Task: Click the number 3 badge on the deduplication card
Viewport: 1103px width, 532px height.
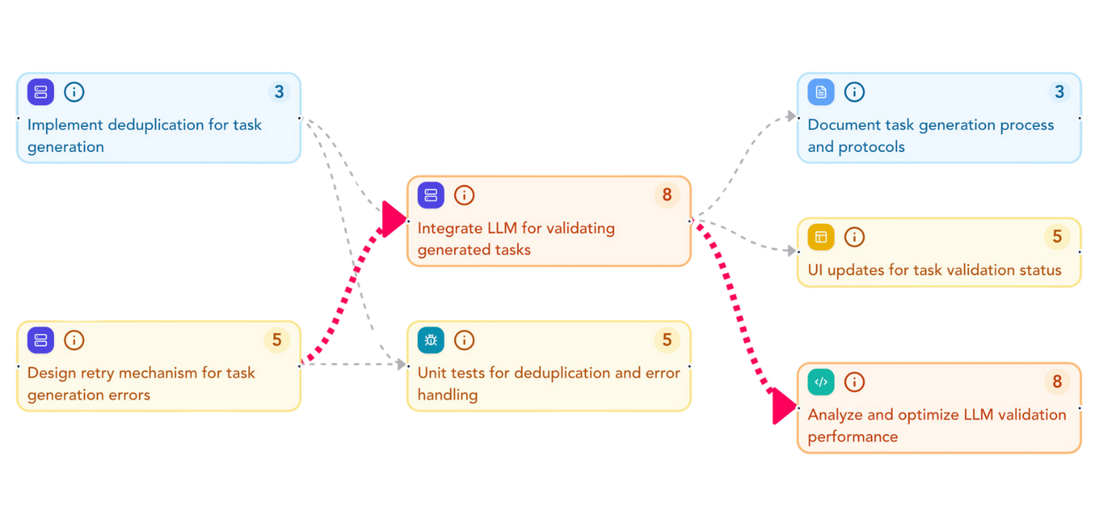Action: click(279, 92)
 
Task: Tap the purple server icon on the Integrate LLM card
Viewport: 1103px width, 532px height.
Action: click(430, 195)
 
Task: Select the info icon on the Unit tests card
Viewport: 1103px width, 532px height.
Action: click(464, 340)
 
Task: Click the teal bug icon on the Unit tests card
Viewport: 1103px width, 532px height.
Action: click(430, 340)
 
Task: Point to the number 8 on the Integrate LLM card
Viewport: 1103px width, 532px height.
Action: click(667, 195)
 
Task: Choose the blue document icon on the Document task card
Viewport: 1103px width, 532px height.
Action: click(820, 92)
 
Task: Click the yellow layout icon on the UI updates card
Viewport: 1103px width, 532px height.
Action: click(820, 237)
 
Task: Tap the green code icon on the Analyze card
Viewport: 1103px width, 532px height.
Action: click(820, 381)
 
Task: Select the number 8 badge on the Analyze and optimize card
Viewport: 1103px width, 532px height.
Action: click(1057, 381)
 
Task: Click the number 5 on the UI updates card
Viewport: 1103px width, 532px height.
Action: click(1057, 237)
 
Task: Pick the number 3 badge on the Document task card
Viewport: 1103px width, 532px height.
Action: click(1059, 92)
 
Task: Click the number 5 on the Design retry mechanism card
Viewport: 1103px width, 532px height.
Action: click(276, 340)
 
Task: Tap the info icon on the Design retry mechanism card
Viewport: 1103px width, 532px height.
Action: click(74, 340)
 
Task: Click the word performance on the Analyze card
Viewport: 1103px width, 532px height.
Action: click(853, 437)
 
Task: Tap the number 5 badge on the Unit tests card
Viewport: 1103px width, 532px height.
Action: click(667, 340)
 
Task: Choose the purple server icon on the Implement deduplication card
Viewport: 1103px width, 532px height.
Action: click(40, 92)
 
